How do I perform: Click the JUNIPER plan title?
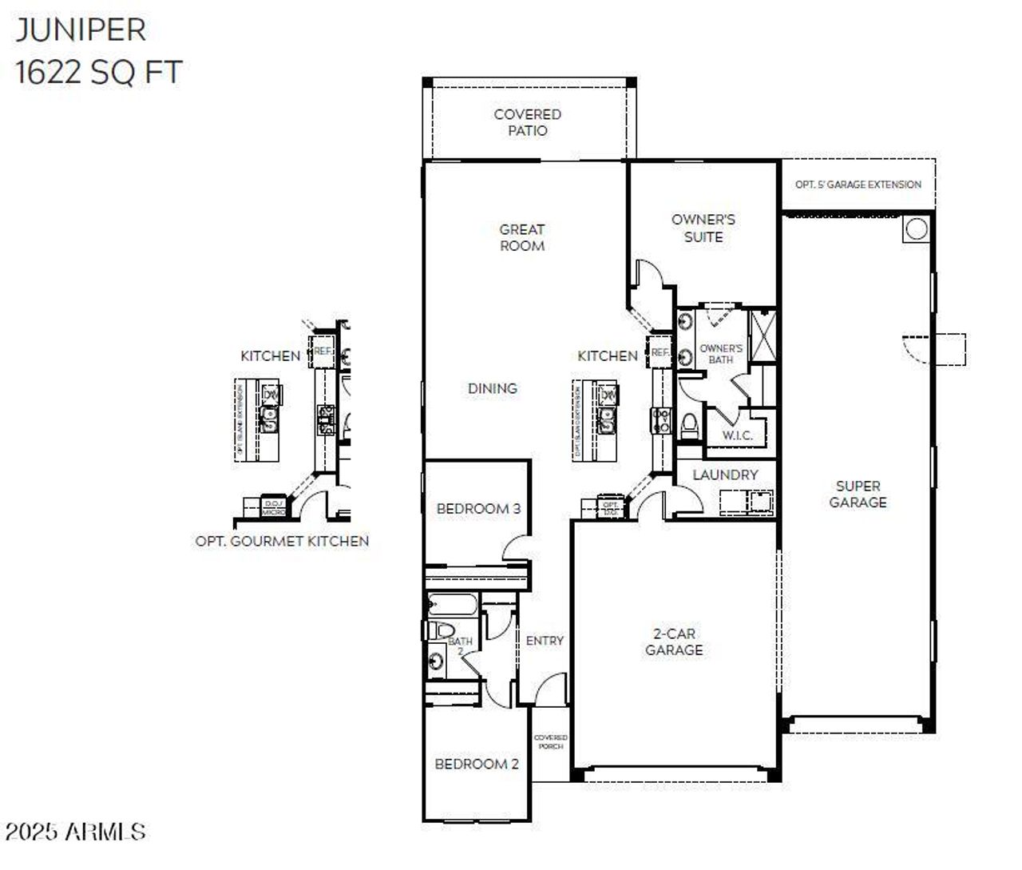pyautogui.click(x=81, y=30)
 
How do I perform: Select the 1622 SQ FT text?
pyautogui.click(x=98, y=73)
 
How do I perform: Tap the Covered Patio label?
pyautogui.click(x=527, y=122)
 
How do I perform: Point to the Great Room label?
pyautogui.click(x=522, y=237)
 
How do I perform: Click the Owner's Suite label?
pyautogui.click(x=703, y=228)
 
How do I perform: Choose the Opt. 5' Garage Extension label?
pyautogui.click(x=858, y=185)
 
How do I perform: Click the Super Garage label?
pyautogui.click(x=858, y=494)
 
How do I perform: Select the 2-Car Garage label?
pyautogui.click(x=674, y=642)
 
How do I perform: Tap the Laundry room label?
pyautogui.click(x=725, y=475)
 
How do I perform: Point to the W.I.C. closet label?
pyautogui.click(x=737, y=435)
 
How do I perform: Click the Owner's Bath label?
pyautogui.click(x=720, y=354)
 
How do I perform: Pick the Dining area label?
pyautogui.click(x=493, y=388)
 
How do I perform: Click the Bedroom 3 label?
pyautogui.click(x=478, y=508)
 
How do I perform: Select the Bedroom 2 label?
pyautogui.click(x=477, y=764)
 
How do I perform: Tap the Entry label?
pyautogui.click(x=545, y=641)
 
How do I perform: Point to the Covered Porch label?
pyautogui.click(x=550, y=742)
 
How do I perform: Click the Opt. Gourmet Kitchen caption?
pyautogui.click(x=282, y=541)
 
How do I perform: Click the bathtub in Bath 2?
pyautogui.click(x=452, y=604)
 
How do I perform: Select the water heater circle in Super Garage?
pyautogui.click(x=917, y=229)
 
